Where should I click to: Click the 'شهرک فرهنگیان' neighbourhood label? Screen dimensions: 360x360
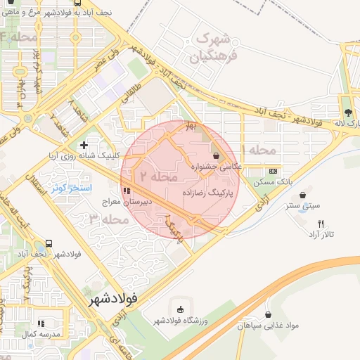(x=214, y=46)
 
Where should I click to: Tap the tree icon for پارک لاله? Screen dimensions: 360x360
(x=347, y=112)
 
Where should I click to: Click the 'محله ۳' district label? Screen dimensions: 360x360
(x=110, y=219)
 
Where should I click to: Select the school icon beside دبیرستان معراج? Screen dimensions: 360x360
(x=127, y=191)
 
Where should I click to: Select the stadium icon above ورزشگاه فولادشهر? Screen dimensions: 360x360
(x=181, y=309)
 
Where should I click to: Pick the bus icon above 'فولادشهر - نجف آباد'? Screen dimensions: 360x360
(x=48, y=243)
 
